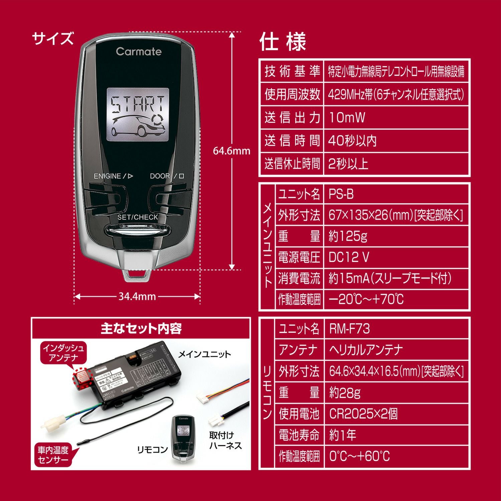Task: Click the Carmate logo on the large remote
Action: pos(139,51)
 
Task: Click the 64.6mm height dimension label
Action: pos(231,151)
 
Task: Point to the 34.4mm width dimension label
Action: pos(137,296)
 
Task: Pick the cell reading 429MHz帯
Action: pos(396,95)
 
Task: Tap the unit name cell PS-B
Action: pos(341,194)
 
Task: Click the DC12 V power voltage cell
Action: pos(349,258)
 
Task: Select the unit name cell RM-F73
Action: pos(349,329)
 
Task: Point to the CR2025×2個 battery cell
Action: pos(363,414)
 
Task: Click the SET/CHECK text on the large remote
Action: pos(138,217)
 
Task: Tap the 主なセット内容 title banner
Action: pos(141,329)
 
